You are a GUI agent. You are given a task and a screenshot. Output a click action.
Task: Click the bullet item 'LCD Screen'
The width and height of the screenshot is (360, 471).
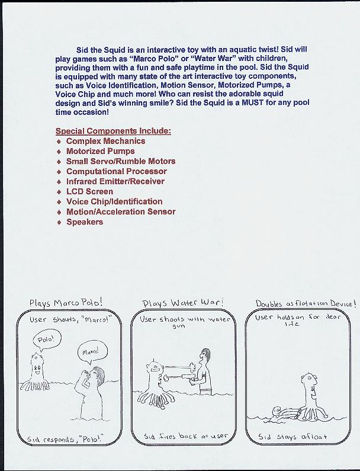click(89, 191)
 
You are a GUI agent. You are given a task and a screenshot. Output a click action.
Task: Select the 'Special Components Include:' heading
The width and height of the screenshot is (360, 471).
click(113, 130)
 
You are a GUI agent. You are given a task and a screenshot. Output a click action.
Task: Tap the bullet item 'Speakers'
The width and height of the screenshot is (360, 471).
click(85, 222)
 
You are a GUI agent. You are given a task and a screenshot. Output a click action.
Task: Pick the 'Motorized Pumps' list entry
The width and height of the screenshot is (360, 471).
click(100, 151)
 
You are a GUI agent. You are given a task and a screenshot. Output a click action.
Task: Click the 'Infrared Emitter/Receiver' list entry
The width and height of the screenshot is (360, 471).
click(115, 181)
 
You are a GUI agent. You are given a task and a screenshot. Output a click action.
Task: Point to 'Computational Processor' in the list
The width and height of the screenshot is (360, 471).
click(117, 171)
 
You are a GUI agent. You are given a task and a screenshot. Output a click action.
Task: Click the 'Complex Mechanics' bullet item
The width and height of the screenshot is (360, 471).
click(105, 141)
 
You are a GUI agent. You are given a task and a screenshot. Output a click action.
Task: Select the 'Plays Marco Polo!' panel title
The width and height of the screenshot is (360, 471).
click(66, 303)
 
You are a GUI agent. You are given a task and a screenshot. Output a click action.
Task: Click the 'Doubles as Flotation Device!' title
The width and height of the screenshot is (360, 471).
click(306, 303)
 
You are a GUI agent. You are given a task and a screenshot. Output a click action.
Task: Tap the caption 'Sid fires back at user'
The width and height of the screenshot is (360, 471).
click(186, 436)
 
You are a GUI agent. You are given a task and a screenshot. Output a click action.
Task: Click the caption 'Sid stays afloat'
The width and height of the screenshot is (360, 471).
click(292, 437)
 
